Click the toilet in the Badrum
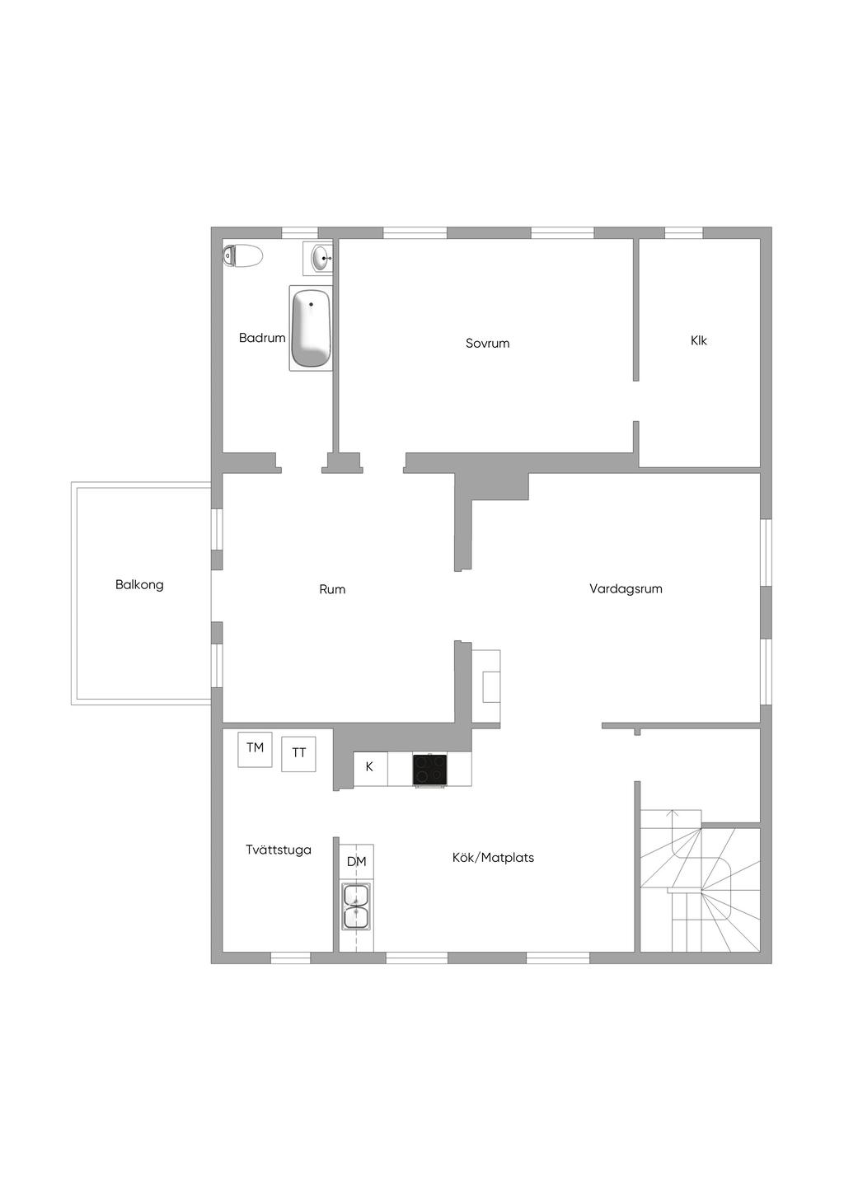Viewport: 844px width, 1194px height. coord(242,255)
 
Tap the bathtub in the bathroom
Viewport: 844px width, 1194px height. coord(311,328)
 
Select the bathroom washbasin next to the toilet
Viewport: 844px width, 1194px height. coord(320,258)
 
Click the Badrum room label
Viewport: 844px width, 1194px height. coord(262,338)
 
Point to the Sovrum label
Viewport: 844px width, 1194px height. coord(487,344)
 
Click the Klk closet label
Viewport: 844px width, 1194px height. coord(699,340)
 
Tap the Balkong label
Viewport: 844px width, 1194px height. coord(139,585)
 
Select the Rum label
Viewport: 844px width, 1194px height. coord(332,589)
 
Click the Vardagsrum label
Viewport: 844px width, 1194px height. coord(626,589)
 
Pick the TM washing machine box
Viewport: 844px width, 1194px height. coord(255,748)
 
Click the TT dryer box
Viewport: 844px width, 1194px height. coord(298,753)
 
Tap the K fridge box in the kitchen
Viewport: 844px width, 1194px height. coord(370,767)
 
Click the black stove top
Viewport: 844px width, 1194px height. coord(430,770)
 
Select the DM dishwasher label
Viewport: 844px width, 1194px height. coord(356,862)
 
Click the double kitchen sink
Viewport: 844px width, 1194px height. coord(356,906)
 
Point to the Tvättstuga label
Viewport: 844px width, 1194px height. coord(279,850)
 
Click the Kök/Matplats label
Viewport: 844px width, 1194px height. coord(493,858)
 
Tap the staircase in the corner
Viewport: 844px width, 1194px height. coord(701,882)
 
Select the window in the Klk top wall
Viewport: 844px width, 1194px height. coord(683,232)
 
